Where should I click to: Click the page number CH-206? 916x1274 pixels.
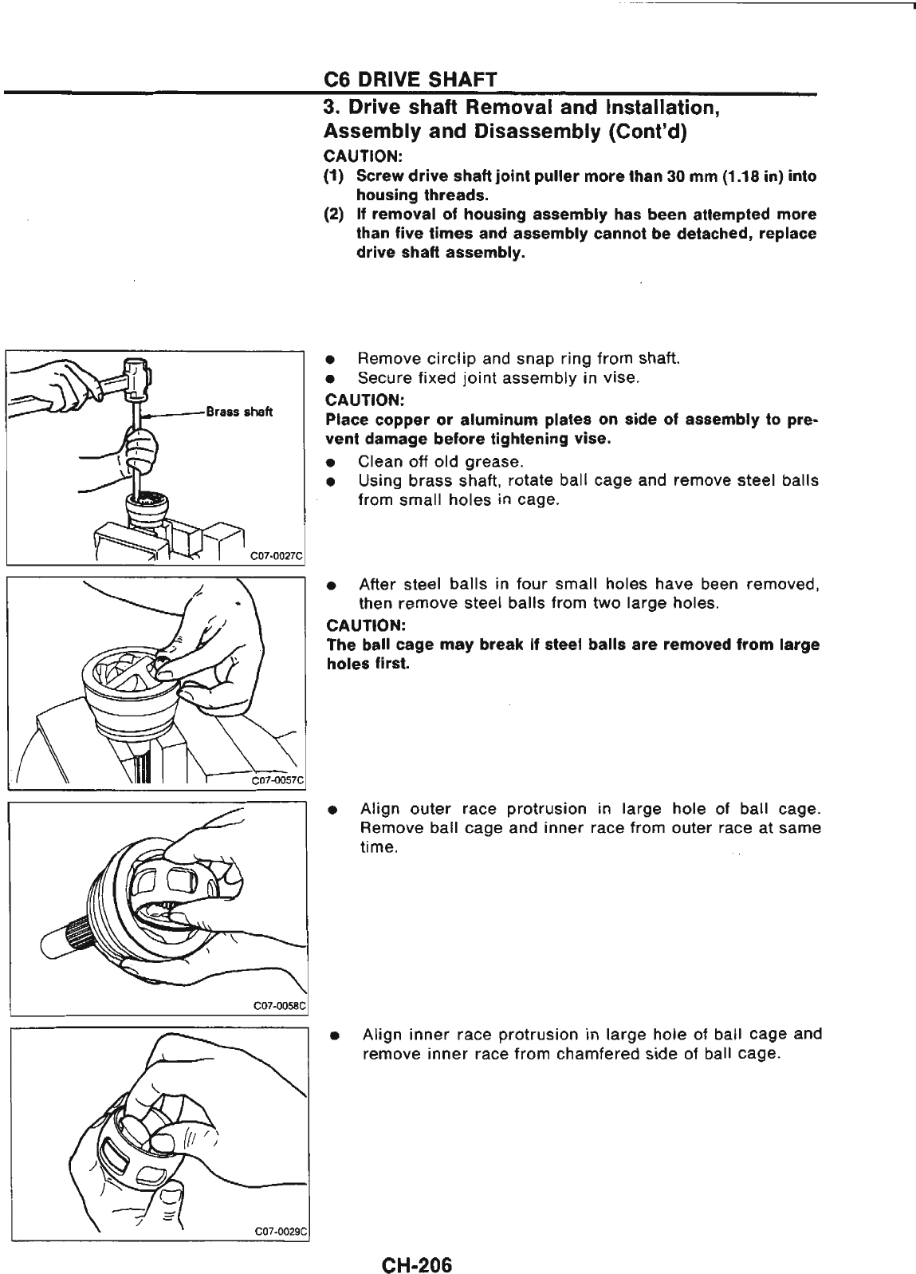pyautogui.click(x=416, y=1243)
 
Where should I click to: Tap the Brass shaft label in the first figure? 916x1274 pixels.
pyautogui.click(x=239, y=412)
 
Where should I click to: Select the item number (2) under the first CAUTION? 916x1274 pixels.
pyautogui.click(x=333, y=215)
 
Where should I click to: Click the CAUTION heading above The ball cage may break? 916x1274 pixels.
pyautogui.click(x=356, y=625)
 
